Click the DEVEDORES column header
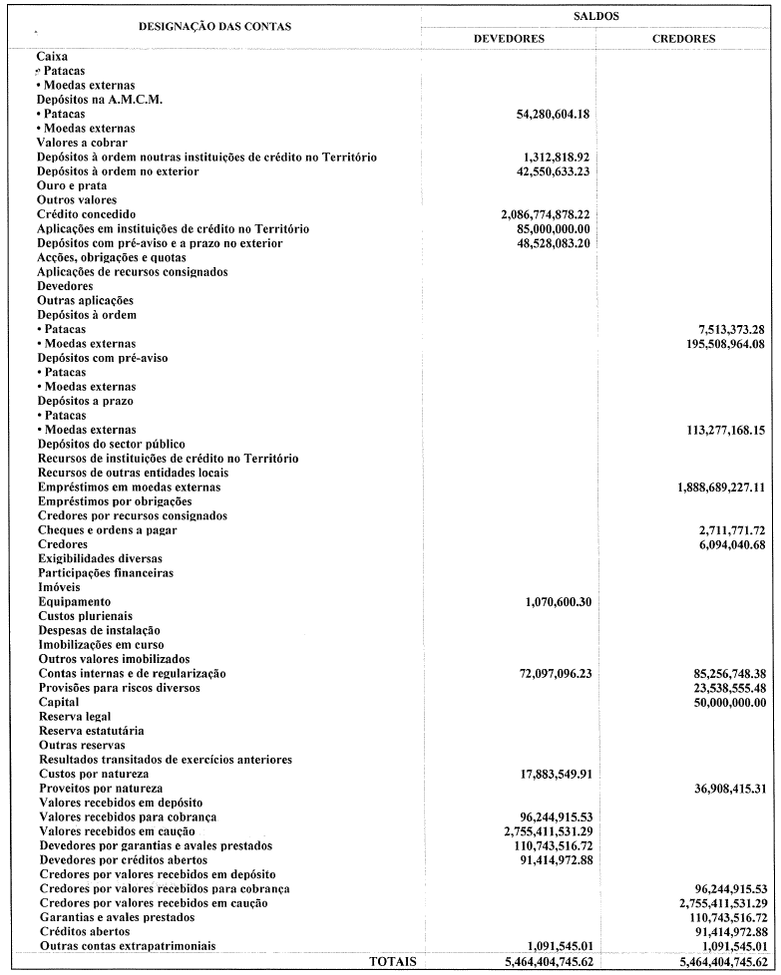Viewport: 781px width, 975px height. pos(508,39)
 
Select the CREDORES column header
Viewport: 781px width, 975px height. pos(683,39)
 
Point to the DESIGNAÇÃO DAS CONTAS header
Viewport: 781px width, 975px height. pos(214,26)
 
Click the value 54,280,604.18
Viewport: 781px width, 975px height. pos(543,115)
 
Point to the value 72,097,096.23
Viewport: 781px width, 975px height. pos(543,674)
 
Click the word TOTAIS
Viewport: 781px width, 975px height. pos(393,961)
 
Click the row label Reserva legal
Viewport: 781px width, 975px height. pos(75,717)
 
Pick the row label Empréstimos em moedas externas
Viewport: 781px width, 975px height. pos(129,487)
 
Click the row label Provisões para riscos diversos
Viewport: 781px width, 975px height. pos(119,688)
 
